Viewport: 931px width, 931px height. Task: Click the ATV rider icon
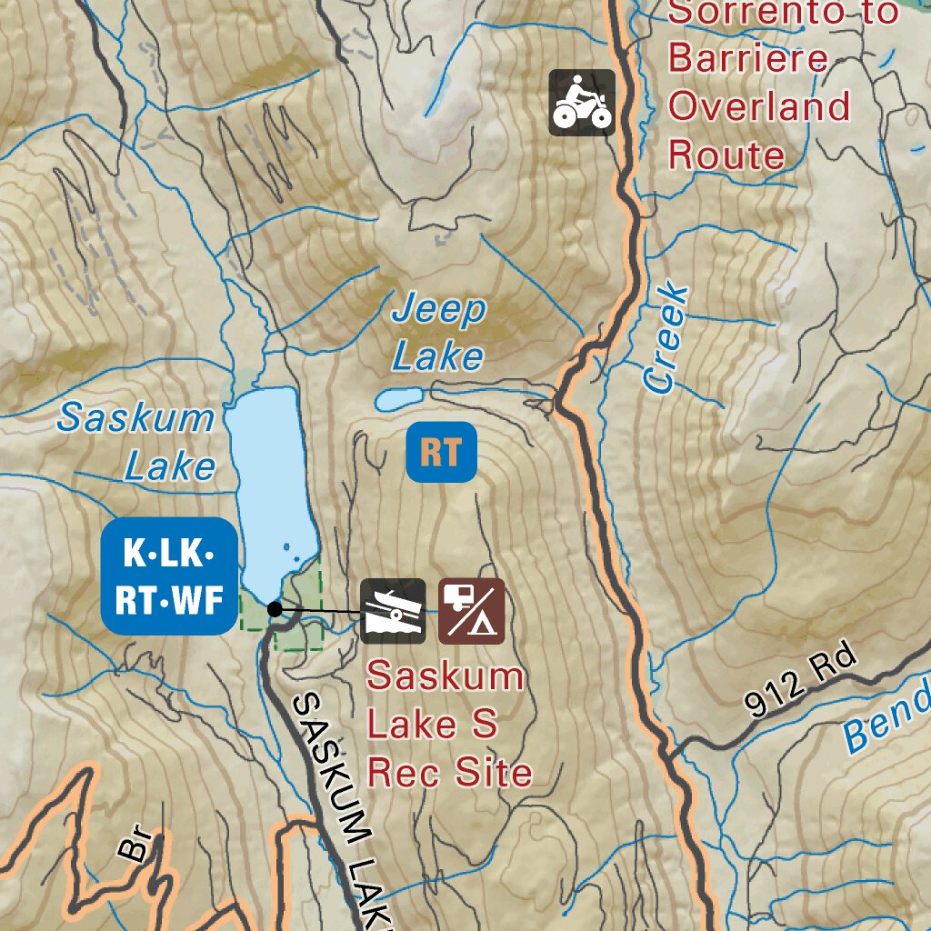tap(582, 103)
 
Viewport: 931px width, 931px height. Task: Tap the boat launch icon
tap(393, 611)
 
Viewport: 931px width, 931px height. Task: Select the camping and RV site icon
tap(471, 611)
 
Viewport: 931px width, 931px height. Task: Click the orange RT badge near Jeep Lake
tap(441, 452)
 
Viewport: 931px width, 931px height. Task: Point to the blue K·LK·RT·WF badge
tap(169, 576)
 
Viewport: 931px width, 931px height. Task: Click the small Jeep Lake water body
tap(400, 398)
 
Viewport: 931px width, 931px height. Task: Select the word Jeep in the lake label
tap(439, 311)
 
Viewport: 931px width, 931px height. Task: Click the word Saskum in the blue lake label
tap(135, 418)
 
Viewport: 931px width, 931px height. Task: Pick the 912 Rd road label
tap(801, 683)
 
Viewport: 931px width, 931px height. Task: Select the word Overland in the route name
tap(759, 106)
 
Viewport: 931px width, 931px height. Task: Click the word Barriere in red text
tap(748, 59)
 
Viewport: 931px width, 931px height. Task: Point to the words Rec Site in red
tap(449, 772)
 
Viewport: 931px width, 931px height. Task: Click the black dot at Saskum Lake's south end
tap(275, 609)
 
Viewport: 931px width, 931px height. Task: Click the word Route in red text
tap(726, 155)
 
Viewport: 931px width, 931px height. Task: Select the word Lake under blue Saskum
tap(170, 466)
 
